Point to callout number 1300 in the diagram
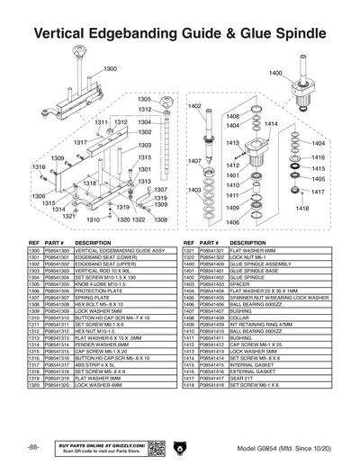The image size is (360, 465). (110, 69)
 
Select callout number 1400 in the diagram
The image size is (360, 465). (275, 73)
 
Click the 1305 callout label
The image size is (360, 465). (144, 99)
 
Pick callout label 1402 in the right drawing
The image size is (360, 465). (193, 106)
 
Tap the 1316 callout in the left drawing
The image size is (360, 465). (39, 167)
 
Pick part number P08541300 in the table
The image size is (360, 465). (57, 251)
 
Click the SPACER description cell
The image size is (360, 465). (242, 284)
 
